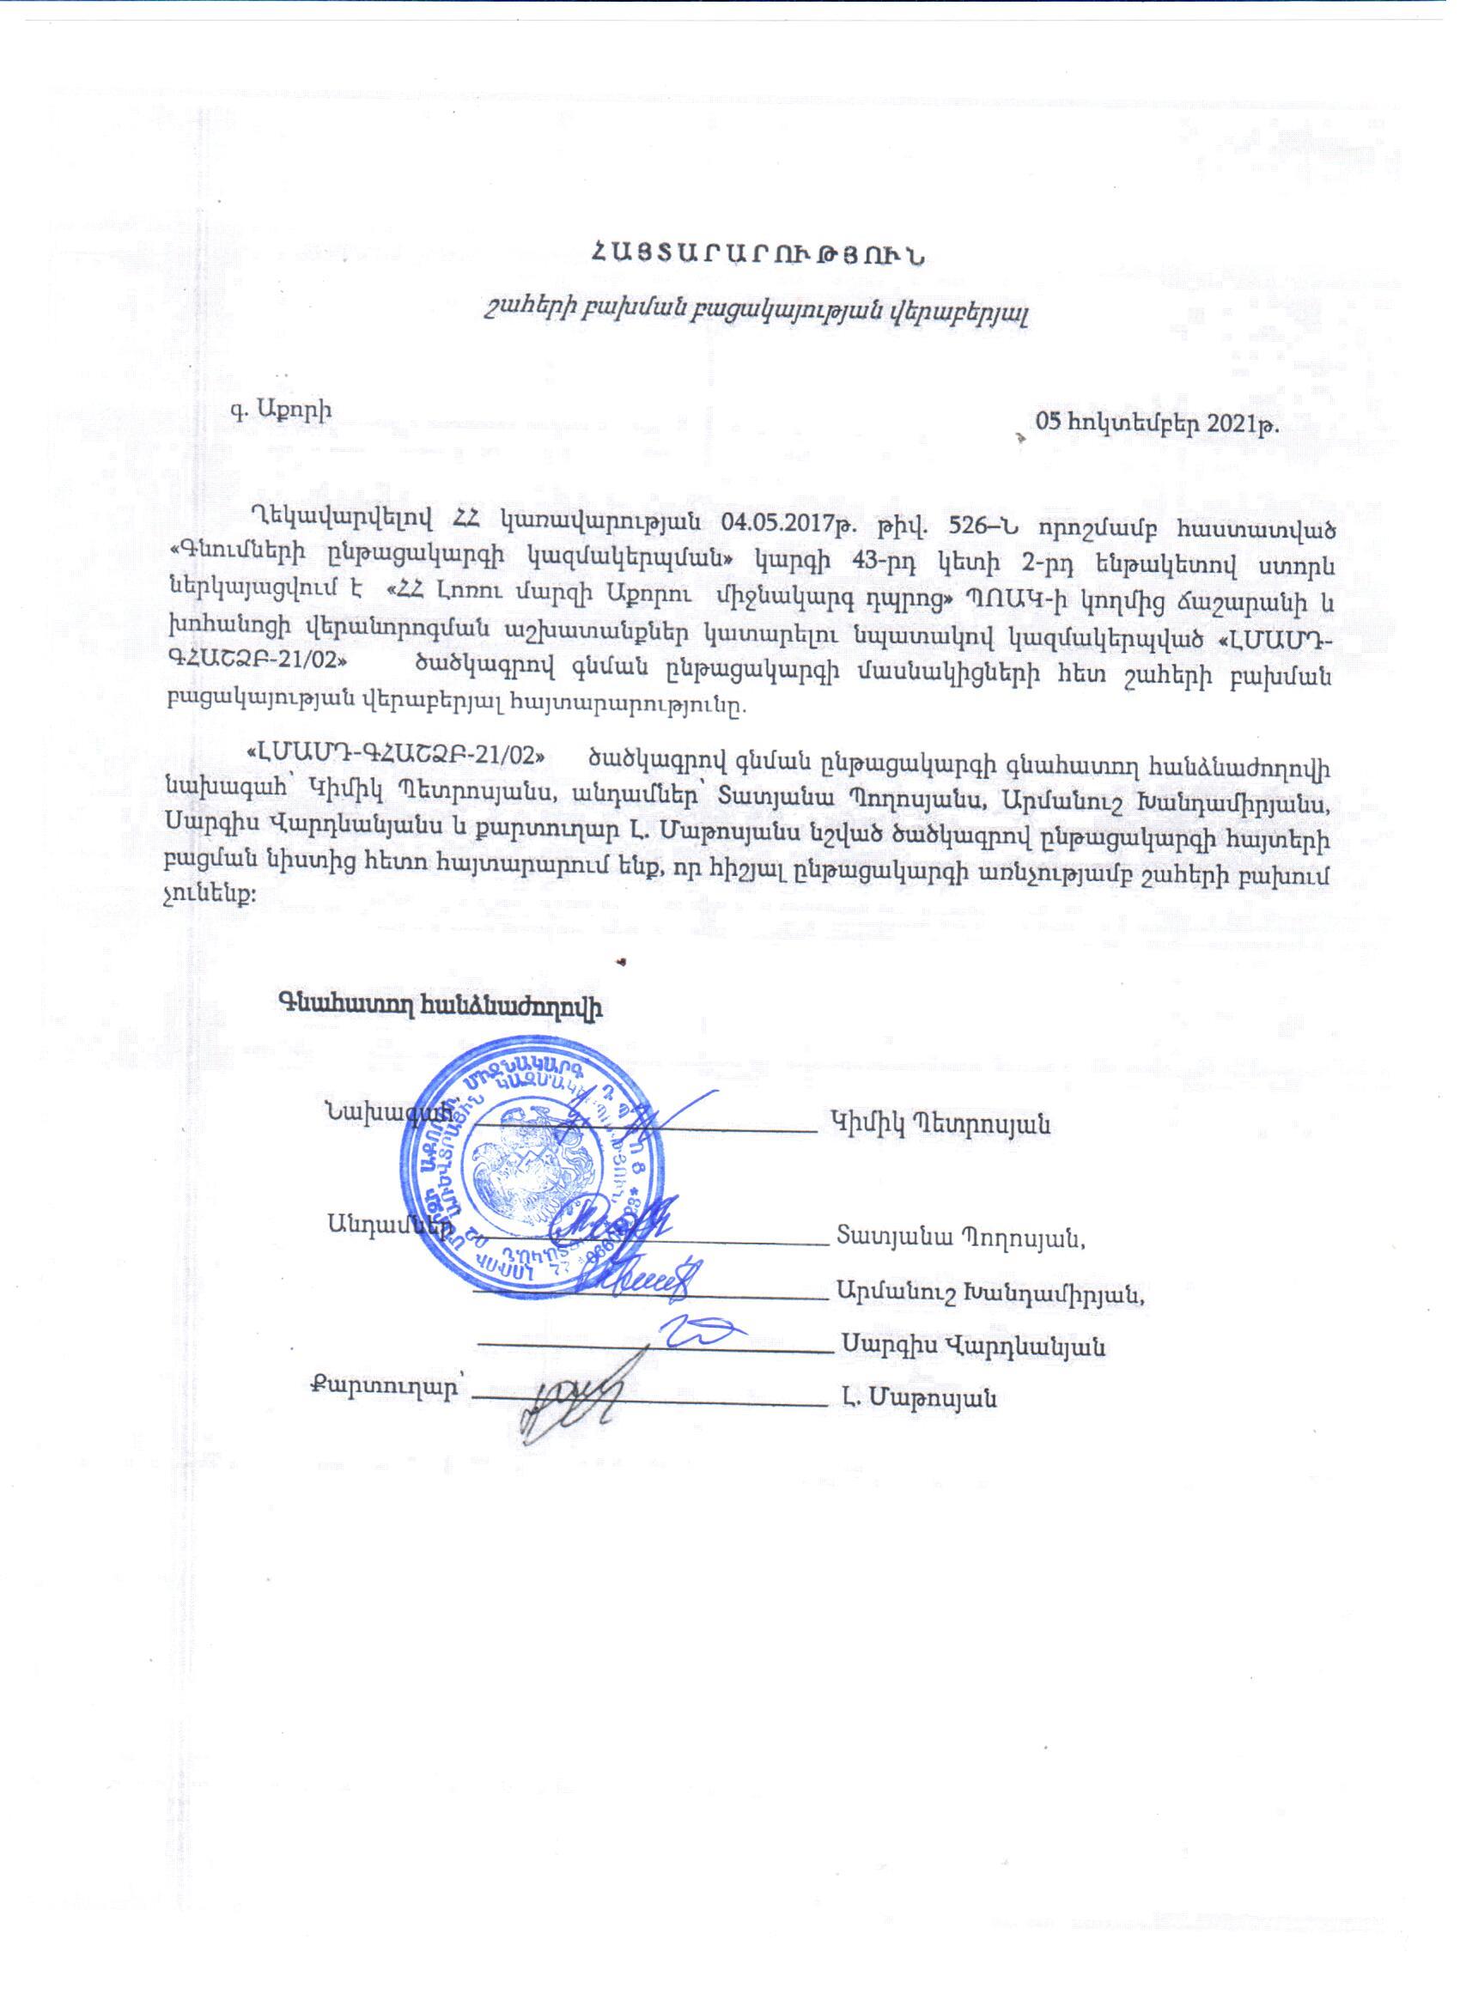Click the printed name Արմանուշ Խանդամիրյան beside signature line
[996, 1293]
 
